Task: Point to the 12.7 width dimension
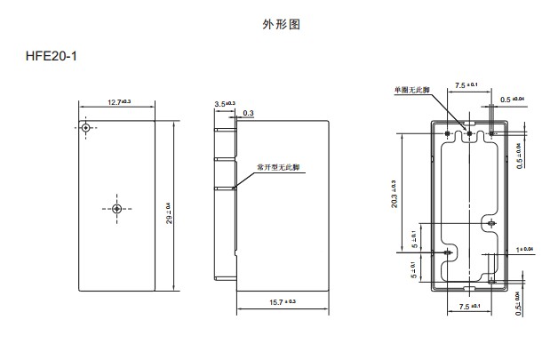coord(116,102)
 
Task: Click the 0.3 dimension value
coord(248,113)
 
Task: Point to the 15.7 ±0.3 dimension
coord(282,302)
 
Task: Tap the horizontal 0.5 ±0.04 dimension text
coord(513,99)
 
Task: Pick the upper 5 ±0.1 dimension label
coord(413,240)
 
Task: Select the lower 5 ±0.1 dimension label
coord(413,268)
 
